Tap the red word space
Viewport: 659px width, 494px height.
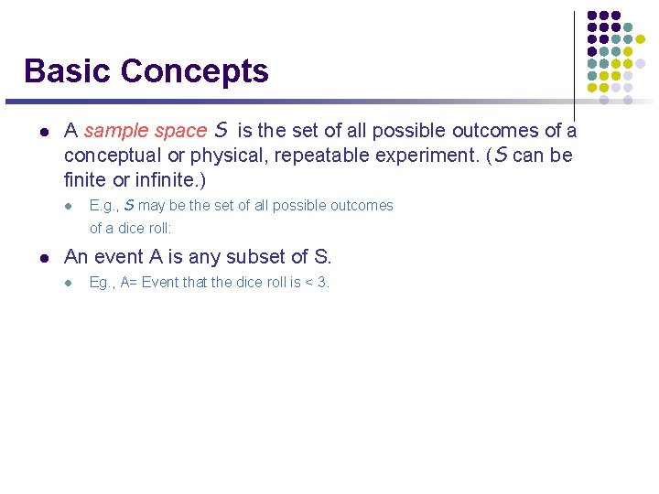click(181, 131)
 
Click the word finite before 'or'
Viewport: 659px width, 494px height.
click(86, 180)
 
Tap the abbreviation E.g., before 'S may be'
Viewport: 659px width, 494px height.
click(103, 206)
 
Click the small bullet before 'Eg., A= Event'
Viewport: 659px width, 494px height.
click(68, 283)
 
